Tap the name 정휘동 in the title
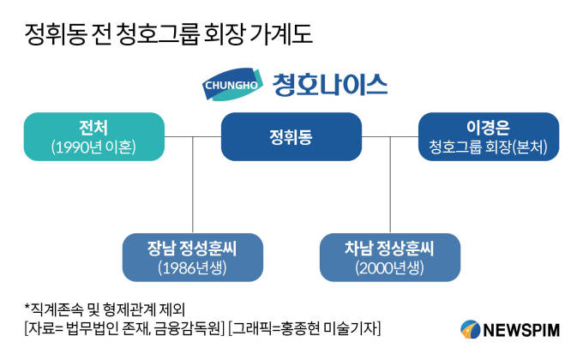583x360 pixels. coord(51,35)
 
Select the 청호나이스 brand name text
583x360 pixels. coord(330,84)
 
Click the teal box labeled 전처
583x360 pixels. coord(93,136)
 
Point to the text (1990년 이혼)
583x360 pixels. coord(93,147)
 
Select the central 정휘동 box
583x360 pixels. coord(290,136)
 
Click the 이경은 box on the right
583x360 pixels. coord(489,136)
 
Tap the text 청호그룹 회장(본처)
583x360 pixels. coord(489,147)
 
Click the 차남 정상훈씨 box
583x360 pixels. coord(390,257)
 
